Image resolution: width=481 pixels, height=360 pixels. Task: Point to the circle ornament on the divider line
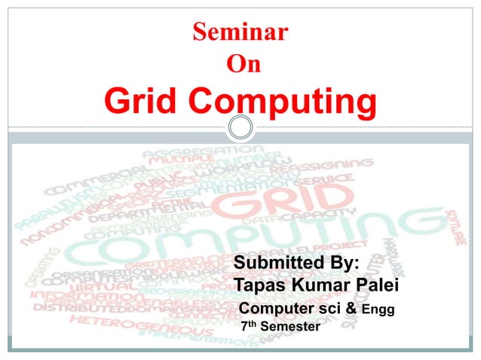[x=240, y=127]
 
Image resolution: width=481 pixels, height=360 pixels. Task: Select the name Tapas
[x=261, y=286]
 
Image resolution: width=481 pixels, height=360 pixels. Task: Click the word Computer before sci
[x=276, y=309]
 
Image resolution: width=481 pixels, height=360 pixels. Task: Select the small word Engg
[x=379, y=310]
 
